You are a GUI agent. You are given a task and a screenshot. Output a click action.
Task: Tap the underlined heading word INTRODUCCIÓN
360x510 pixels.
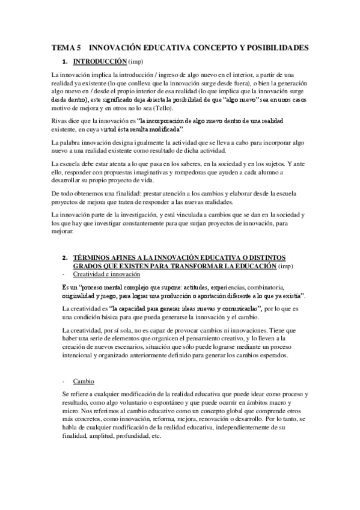click(100, 61)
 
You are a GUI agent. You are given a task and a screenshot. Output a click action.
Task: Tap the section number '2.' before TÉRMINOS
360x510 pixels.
click(66, 257)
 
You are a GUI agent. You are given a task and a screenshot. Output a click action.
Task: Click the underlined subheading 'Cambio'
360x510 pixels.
click(83, 381)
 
